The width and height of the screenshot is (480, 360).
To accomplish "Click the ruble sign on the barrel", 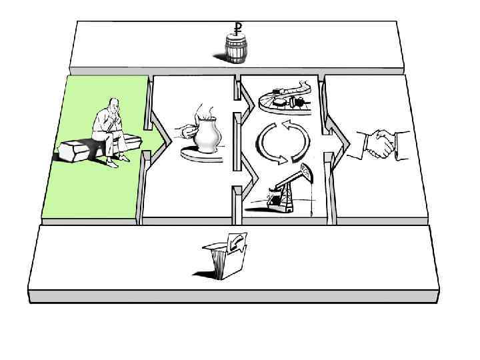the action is coord(237,27).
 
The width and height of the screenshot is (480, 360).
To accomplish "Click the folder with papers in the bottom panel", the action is coord(225,256).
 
